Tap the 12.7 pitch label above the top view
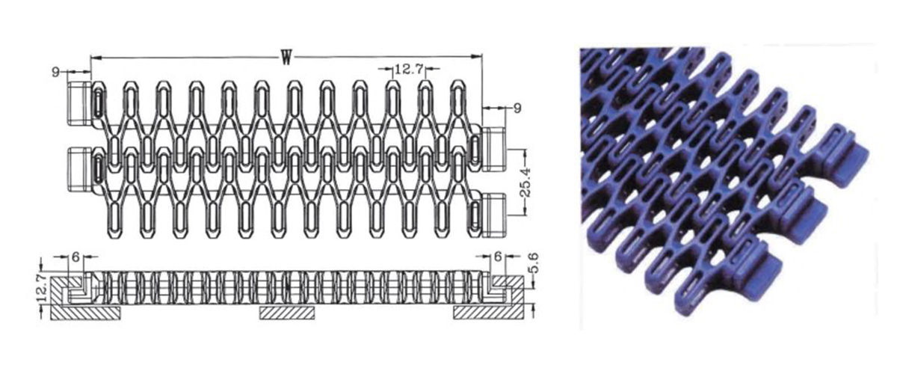click(409, 70)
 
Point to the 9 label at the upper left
click(56, 72)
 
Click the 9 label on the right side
click(517, 109)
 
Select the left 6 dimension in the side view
click(75, 256)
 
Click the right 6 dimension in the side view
click(499, 256)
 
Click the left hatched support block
click(84, 313)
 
